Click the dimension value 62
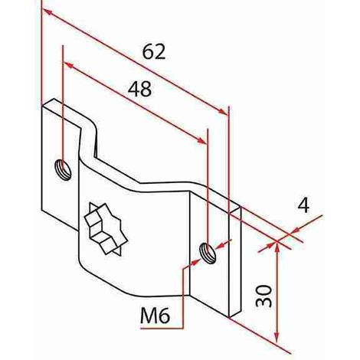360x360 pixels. point(154,52)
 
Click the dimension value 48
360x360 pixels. point(139,90)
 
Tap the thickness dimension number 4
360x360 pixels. point(303,205)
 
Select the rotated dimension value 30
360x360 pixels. point(264,296)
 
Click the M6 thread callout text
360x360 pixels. point(155,316)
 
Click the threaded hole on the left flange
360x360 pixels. point(63,169)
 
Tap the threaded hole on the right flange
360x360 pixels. point(208,253)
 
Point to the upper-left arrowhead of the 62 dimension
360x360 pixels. point(48,13)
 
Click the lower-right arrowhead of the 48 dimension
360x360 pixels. point(201,139)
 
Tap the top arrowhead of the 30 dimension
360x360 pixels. point(277,246)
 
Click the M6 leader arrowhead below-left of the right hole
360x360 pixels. point(196,262)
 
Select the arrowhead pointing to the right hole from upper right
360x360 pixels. point(221,246)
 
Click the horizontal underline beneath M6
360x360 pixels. point(162,329)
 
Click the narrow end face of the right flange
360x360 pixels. point(235,262)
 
